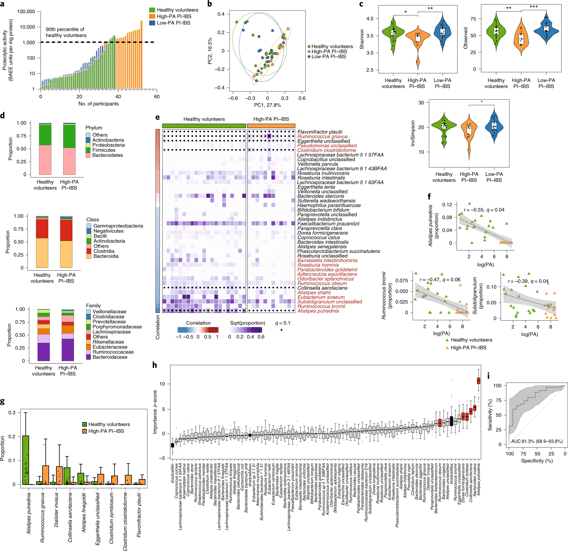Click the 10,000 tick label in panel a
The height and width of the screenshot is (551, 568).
(27, 27)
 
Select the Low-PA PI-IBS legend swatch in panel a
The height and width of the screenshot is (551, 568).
(152, 23)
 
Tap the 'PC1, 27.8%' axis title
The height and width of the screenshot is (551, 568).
(267, 105)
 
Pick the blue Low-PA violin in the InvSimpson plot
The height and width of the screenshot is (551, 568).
(494, 126)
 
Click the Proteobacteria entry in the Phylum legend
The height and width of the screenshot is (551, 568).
(108, 145)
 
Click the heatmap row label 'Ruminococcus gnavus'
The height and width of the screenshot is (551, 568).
(322, 136)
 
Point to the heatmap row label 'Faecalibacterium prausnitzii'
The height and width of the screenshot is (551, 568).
(328, 224)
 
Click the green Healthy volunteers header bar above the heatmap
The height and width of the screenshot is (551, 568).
(204, 126)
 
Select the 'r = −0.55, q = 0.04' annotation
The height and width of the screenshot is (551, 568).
(484, 210)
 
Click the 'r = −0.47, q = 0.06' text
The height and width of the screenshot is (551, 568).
(440, 280)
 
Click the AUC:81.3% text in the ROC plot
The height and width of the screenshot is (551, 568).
(537, 441)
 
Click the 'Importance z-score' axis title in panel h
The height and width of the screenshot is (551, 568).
(155, 412)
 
